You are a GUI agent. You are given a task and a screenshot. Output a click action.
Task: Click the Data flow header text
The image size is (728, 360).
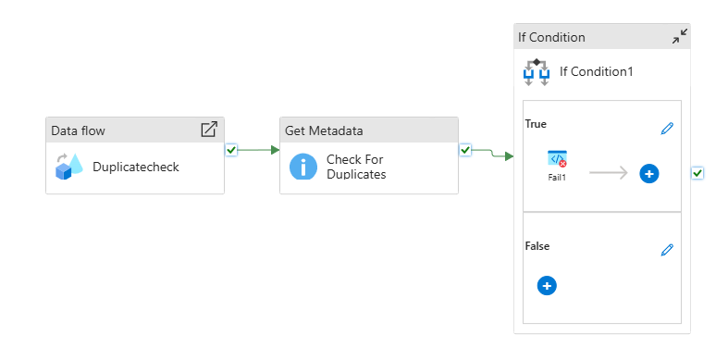point(78,130)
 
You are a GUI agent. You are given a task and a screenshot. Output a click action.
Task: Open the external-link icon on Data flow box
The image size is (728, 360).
point(209,130)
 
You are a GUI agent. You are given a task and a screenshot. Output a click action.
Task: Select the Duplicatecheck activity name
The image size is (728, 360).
point(136,168)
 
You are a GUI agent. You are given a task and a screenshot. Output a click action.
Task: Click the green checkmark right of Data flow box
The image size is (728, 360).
point(231,150)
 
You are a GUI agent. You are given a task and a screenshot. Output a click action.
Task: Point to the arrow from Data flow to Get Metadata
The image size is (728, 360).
point(259,150)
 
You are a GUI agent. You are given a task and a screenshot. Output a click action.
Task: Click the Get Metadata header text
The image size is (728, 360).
point(324,130)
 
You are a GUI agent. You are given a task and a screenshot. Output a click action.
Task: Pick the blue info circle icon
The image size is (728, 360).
point(302,167)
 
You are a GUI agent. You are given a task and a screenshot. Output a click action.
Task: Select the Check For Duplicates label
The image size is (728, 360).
point(356,167)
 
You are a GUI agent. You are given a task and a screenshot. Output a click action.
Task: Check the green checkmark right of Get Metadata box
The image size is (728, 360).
point(465,150)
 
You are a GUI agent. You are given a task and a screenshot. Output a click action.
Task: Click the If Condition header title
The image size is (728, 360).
point(551,38)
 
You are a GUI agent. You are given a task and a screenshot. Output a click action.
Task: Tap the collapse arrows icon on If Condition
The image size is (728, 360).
point(679,37)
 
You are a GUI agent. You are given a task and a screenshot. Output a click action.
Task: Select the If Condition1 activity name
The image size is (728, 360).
point(596,71)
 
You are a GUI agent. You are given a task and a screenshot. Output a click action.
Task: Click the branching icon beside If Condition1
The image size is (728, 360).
point(537,71)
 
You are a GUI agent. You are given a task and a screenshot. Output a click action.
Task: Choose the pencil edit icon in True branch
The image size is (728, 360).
point(667,129)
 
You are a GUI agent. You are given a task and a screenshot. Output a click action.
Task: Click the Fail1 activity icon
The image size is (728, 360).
point(557,159)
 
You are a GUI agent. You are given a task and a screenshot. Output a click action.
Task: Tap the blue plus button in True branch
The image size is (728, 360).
point(648,173)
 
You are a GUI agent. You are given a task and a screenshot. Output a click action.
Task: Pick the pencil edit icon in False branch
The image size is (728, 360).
point(667,250)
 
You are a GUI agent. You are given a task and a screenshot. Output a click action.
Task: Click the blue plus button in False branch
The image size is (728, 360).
point(547,286)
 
